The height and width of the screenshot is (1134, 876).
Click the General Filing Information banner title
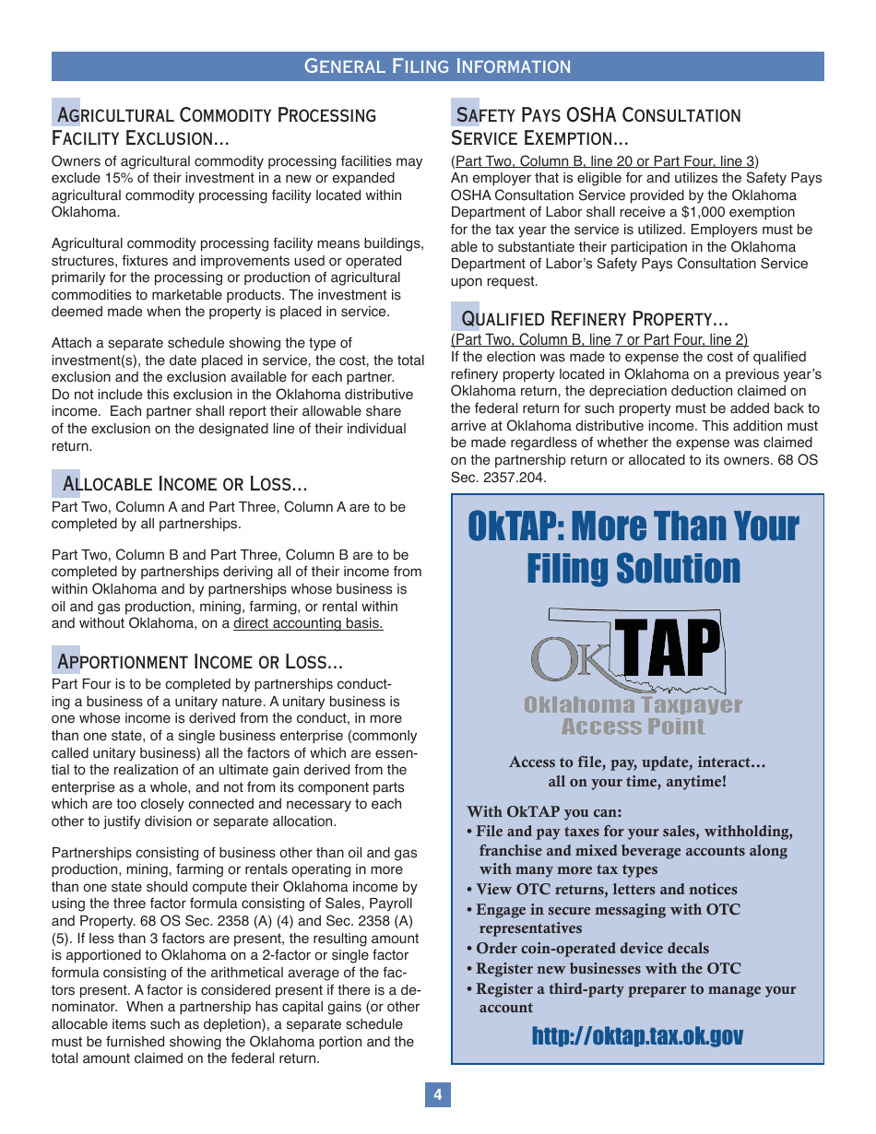tap(437, 66)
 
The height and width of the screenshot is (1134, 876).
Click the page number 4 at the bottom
tap(438, 1094)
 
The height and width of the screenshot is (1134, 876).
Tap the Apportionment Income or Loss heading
tap(200, 662)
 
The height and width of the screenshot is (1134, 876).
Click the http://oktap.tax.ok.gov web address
tap(637, 1036)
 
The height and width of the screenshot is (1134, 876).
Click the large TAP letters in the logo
tap(668, 649)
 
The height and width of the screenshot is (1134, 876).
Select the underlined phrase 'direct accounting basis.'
tap(308, 624)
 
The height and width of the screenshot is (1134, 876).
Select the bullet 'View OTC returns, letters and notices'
tap(606, 890)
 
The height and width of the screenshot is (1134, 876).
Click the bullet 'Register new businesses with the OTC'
tap(608, 969)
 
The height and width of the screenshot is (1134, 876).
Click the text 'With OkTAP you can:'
tap(544, 812)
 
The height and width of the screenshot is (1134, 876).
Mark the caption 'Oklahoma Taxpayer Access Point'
tap(633, 715)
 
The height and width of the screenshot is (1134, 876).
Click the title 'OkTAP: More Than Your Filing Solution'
tap(633, 548)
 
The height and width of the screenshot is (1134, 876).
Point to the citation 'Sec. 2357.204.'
tap(498, 478)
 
